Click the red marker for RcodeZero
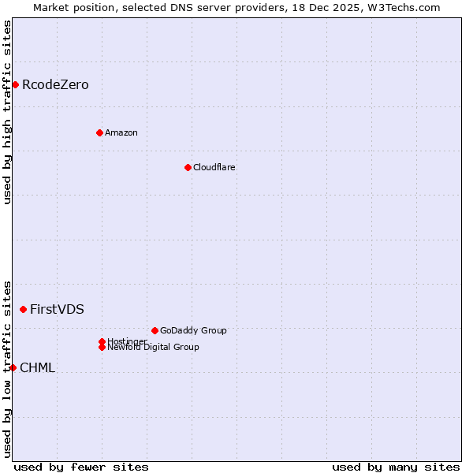click(15, 84)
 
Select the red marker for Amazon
click(99, 132)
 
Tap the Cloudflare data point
click(188, 167)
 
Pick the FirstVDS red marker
click(23, 309)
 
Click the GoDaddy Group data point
click(155, 330)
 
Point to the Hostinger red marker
click(102, 341)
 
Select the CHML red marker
click(13, 367)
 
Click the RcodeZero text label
click(55, 84)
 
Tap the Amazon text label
click(121, 132)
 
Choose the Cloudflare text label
click(214, 167)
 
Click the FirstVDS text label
click(57, 309)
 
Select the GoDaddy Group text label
click(193, 330)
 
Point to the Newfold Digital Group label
click(154, 348)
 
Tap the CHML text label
click(37, 367)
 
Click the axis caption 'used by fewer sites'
click(81, 467)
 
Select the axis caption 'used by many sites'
click(396, 467)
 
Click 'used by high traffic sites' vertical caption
click(7, 112)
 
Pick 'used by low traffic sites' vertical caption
click(7, 368)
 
